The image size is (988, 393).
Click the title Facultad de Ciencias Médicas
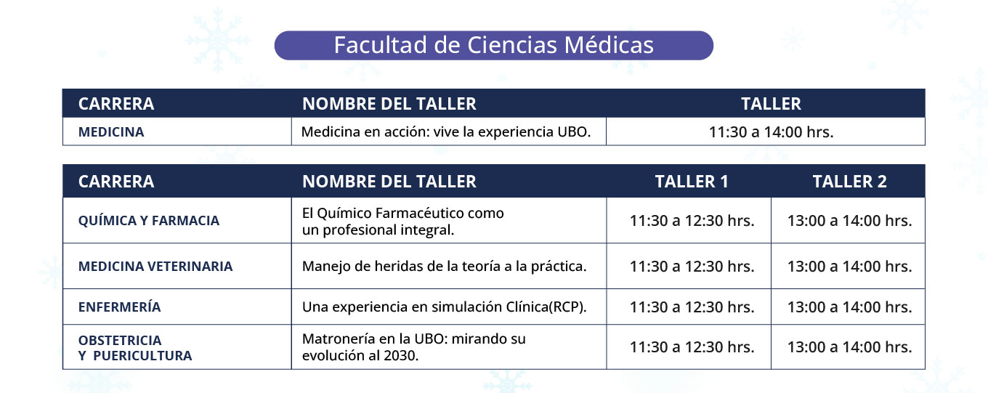coord(493,45)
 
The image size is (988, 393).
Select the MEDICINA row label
coord(111,132)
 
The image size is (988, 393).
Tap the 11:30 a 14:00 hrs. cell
coord(771,132)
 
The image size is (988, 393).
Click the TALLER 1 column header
coord(691,182)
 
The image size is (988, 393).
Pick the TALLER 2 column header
coord(849,182)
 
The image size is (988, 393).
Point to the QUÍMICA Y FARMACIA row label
coord(149,220)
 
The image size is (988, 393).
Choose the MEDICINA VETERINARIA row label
coord(155,267)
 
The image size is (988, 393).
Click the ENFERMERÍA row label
coord(120,307)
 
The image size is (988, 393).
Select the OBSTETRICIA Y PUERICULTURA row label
coord(135,347)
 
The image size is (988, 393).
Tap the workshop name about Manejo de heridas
coord(444,267)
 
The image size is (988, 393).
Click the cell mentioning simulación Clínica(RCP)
coord(444,307)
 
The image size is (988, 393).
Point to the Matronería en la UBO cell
coord(414,347)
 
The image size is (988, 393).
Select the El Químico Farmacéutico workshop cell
coord(402,222)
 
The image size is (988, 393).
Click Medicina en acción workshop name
coord(446,132)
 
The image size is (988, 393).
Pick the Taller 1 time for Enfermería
coord(692,307)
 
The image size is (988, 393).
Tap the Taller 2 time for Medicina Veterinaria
coord(849,267)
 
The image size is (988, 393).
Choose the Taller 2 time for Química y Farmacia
coord(849,221)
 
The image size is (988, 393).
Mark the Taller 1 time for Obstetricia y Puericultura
coord(692,347)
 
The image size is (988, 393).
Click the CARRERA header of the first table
coord(116,104)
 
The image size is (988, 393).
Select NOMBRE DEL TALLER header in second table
coord(389,182)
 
